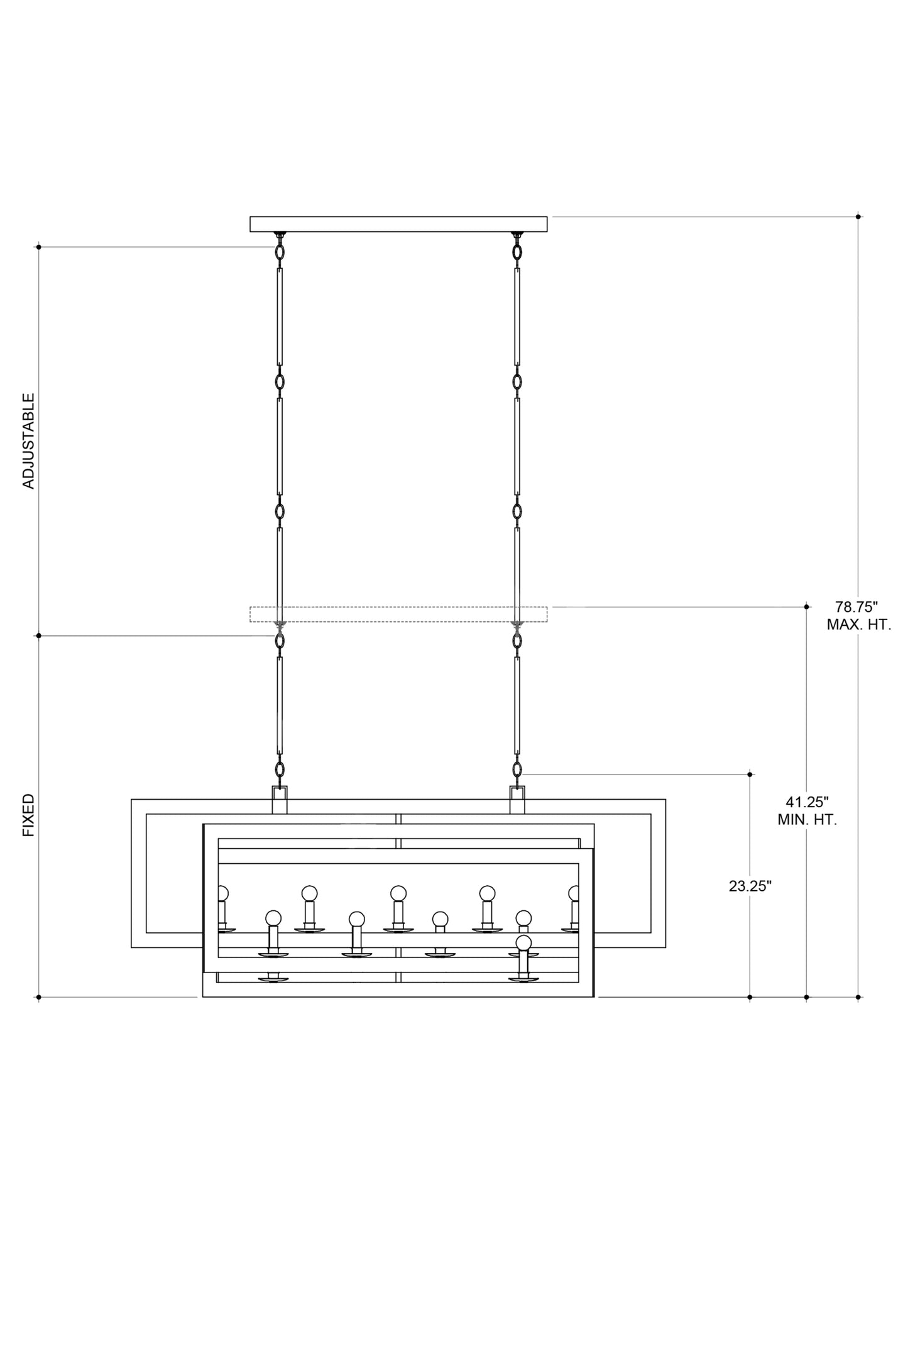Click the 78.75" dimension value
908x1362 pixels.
coord(856,607)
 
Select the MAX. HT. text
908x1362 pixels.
coord(858,625)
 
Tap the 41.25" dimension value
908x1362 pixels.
coord(807,802)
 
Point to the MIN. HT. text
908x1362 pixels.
coord(807,820)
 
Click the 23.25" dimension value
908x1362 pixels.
coord(750,886)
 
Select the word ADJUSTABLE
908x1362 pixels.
coord(29,441)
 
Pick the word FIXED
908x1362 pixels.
coord(29,815)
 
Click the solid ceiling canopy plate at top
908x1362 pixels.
coord(398,224)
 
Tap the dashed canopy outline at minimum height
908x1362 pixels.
coord(398,614)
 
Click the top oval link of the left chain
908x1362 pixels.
coord(280,252)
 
